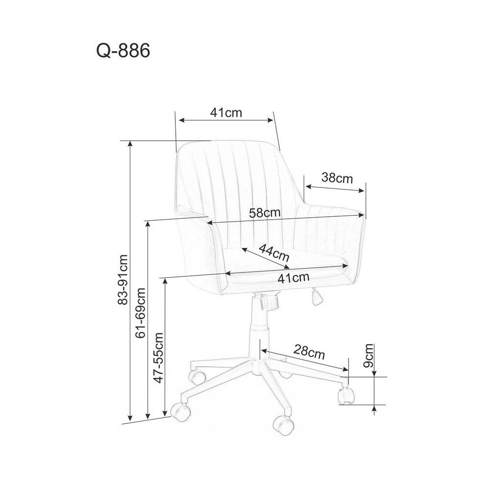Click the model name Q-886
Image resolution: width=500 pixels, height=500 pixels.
123,50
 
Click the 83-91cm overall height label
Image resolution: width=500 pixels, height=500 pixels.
123,279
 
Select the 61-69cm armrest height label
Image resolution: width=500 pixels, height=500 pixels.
140,312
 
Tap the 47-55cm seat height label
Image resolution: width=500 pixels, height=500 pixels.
158,357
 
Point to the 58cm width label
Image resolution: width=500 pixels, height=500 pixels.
265,212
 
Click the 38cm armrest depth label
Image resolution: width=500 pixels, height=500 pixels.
337,177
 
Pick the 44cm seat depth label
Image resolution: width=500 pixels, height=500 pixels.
273,252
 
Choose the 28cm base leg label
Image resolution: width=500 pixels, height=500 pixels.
309,352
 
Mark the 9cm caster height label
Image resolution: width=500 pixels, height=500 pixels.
369,355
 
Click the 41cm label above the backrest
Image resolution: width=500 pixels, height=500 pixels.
226,113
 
